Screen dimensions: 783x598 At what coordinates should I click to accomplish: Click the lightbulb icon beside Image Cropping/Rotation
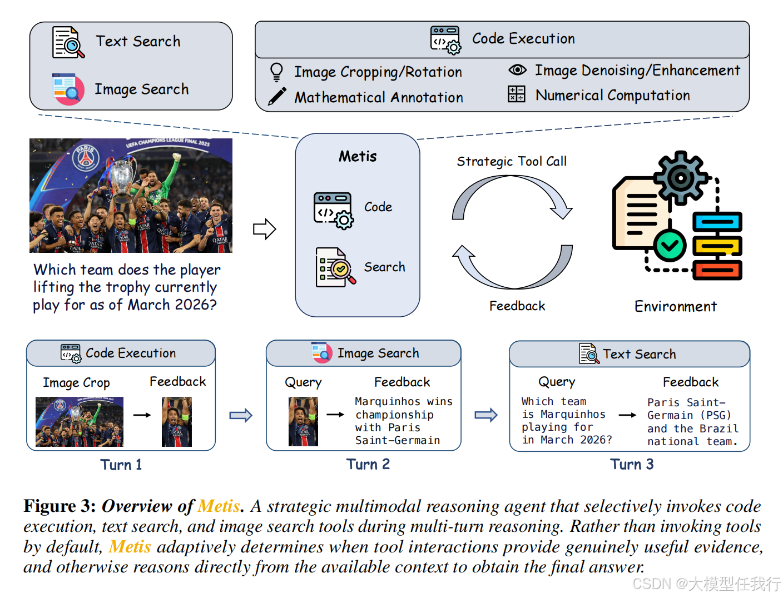coord(276,72)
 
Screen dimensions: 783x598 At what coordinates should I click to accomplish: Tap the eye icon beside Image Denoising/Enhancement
coord(517,69)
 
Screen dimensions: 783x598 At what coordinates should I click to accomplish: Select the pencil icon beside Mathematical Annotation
coord(277,96)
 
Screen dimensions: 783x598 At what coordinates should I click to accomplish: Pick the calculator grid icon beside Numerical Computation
coord(516,94)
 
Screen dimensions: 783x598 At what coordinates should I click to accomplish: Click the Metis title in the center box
coord(358,156)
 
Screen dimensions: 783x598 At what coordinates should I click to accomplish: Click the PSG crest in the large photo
coord(86,157)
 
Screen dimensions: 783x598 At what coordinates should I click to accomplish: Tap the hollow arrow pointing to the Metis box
coord(264,229)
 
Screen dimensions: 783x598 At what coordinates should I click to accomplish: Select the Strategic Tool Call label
coord(512,161)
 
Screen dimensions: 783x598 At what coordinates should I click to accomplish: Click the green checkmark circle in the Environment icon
coord(669,246)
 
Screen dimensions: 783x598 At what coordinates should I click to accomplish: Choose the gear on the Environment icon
coord(680,177)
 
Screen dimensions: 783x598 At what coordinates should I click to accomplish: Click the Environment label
coord(675,306)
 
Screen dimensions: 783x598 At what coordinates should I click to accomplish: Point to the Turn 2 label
coord(368,464)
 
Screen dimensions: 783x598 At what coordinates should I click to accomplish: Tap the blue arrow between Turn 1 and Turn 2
coord(241,415)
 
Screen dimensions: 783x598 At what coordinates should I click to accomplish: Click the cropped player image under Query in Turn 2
coord(303,422)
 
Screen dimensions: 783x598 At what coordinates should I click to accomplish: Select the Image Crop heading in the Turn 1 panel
coord(76,383)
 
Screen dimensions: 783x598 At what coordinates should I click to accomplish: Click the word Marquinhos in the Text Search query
coord(573,414)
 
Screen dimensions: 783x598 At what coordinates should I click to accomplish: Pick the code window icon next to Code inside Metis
coord(333,211)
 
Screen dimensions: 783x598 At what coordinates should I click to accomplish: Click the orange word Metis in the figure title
coord(219,506)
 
